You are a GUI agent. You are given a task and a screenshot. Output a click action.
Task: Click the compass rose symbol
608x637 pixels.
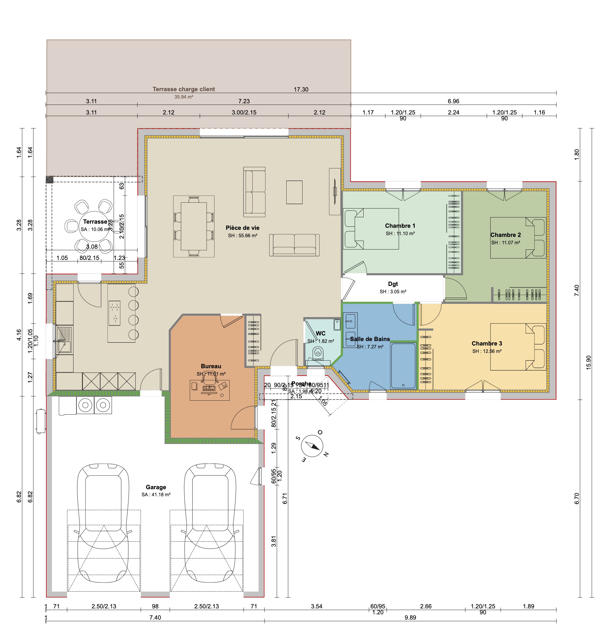pos(312,446)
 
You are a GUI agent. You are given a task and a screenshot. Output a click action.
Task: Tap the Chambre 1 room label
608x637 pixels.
pos(400,226)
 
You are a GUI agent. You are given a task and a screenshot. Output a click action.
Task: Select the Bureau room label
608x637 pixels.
pos(211,366)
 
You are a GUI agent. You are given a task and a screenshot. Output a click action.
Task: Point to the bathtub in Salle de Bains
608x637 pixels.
pos(403,366)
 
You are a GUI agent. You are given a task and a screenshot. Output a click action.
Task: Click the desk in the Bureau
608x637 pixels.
pos(209,390)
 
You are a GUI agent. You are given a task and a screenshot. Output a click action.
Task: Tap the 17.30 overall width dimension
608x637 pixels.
pos(301,89)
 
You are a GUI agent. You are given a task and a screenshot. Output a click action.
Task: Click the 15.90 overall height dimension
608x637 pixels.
pos(589,362)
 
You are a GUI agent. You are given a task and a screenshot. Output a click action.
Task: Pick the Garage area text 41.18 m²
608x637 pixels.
pos(156,495)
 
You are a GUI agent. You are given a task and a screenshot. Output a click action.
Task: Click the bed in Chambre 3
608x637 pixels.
pos(518,347)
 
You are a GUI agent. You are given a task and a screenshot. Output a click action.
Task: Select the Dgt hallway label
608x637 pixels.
pos(393,284)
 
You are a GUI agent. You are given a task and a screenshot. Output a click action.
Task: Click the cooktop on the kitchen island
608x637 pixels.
pos(115,313)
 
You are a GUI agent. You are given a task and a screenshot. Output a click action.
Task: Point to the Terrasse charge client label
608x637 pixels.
pos(184,89)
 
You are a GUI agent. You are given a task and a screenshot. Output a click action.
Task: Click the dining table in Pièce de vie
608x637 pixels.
pos(194,226)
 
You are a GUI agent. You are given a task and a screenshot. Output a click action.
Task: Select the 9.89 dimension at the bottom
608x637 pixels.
pos(410,618)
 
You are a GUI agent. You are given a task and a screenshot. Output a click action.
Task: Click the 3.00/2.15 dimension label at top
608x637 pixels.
pos(244,112)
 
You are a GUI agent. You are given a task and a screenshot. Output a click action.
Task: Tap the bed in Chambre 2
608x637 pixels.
pos(518,238)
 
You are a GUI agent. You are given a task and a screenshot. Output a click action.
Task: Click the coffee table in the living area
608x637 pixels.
pos(294,192)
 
